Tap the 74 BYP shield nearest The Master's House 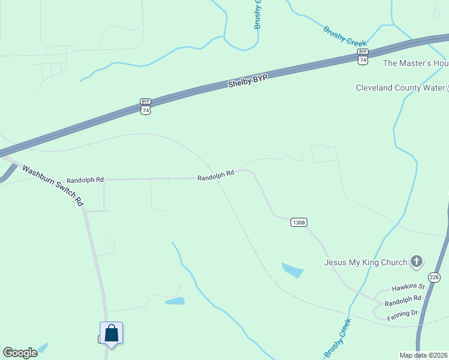[363, 56]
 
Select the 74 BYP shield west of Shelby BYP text [145, 106]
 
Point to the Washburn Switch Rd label [53, 186]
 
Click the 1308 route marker [299, 223]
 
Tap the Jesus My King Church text [366, 262]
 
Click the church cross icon [417, 262]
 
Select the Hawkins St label [408, 288]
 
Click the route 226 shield [435, 277]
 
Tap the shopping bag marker [112, 333]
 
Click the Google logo [19, 353]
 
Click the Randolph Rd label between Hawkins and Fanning [403, 301]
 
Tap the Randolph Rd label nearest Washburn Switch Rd [85, 179]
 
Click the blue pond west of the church [292, 270]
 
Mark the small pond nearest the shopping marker [175, 301]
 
